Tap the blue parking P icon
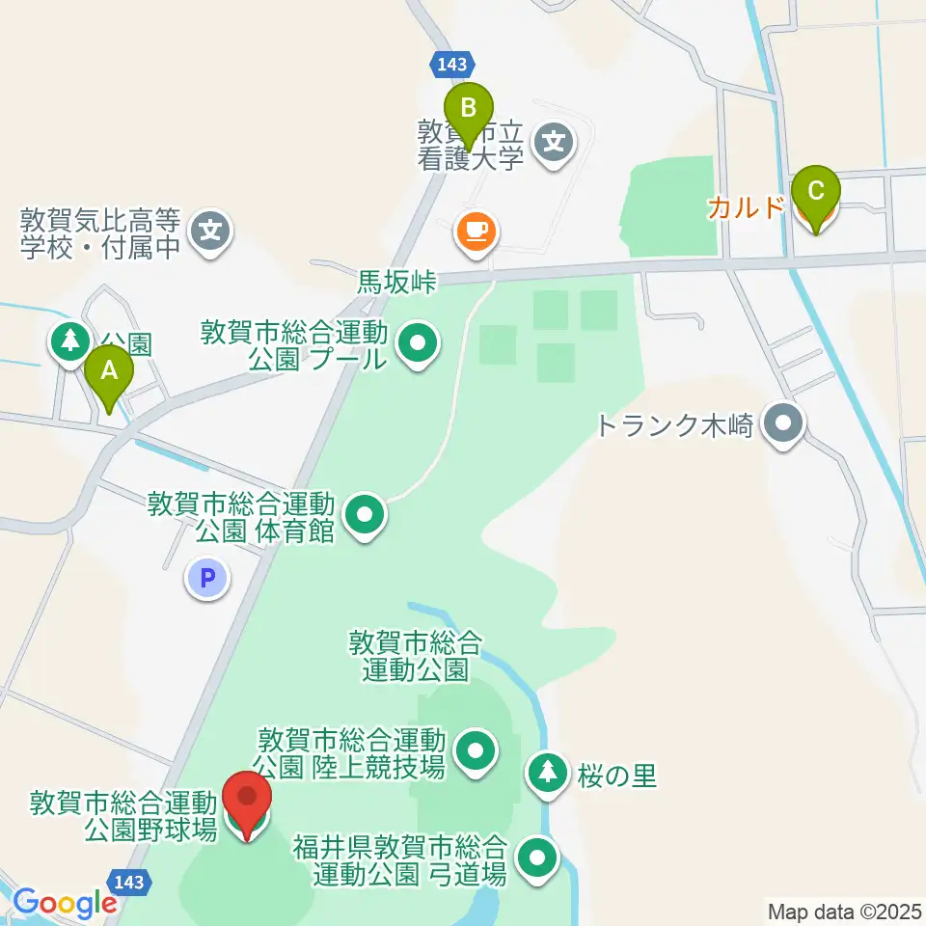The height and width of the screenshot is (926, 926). coord(207,579)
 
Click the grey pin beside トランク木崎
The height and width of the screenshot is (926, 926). coord(783,424)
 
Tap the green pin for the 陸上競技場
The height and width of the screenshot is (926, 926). coord(475,752)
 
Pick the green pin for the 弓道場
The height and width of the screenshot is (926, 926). coord(537,858)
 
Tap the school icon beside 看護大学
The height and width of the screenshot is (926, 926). coord(555,144)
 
